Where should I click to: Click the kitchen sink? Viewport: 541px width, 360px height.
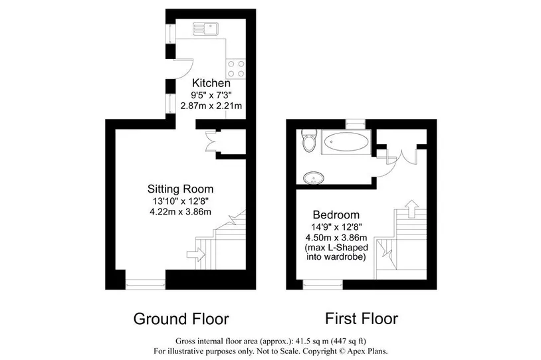[x=205, y=29]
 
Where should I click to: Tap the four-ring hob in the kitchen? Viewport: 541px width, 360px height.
[x=236, y=68]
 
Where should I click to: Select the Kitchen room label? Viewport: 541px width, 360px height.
[x=211, y=83]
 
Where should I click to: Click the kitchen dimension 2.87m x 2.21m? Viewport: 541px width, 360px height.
[x=211, y=106]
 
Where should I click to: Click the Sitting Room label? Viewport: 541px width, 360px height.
[x=181, y=189]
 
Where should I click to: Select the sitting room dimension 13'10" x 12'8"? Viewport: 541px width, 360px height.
[x=181, y=201]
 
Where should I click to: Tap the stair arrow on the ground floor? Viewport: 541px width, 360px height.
[x=196, y=255]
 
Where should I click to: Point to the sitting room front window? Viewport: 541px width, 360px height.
[x=146, y=284]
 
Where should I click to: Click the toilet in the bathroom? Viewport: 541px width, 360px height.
[x=309, y=140]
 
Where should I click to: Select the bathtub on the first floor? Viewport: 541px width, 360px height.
[x=346, y=141]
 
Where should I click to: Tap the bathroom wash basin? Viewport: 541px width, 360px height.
[x=314, y=178]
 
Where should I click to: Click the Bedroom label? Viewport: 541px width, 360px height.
[x=336, y=215]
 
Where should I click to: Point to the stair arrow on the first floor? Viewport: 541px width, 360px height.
[x=411, y=209]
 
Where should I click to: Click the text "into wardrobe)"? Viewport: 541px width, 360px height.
[x=336, y=257]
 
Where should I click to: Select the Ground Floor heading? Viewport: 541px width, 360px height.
[x=181, y=319]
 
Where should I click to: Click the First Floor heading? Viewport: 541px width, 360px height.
[x=362, y=319]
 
